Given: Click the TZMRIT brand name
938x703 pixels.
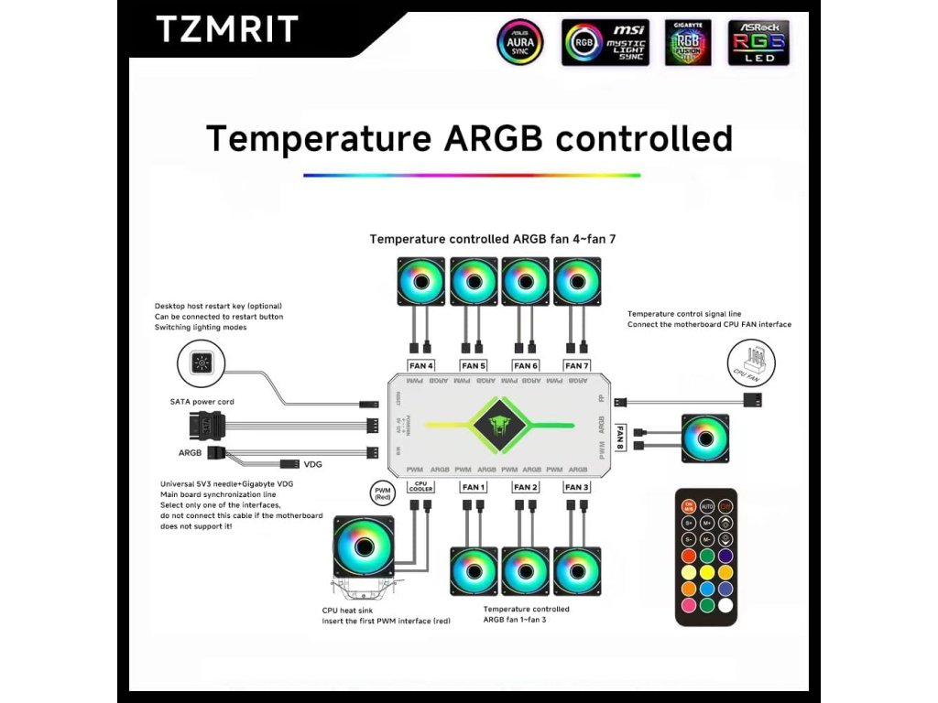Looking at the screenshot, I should pos(226,29).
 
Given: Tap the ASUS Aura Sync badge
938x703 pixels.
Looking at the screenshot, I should pos(519,42).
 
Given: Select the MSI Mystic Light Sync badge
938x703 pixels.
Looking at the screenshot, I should pos(605,42).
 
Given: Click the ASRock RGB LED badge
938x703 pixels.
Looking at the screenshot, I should pos(758,42).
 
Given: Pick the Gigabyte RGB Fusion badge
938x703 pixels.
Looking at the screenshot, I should pos(687,42).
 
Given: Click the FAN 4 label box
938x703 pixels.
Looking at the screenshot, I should pos(421,365).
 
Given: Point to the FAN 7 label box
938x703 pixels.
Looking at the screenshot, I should pos(578,365).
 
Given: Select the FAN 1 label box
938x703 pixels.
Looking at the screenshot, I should pos(474,487).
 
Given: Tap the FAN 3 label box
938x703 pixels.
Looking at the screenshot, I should pos(577,487).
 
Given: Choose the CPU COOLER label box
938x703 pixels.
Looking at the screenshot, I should pos(421,486).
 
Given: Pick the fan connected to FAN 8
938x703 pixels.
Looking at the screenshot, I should pos(705,438).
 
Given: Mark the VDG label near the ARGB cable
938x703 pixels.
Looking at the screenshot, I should pos(313,464).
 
